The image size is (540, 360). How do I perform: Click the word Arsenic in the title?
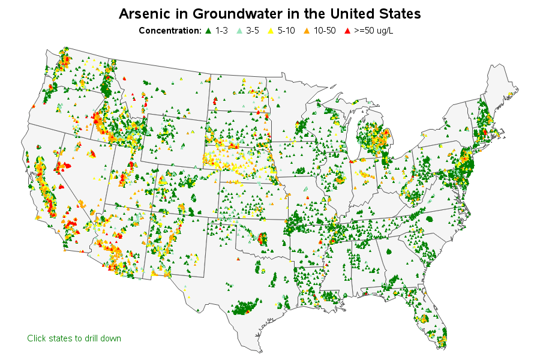point(143,13)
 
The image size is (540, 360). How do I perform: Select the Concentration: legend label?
point(170,30)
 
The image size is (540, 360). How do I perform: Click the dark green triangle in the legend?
point(208,30)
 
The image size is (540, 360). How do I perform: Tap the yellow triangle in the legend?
point(271,30)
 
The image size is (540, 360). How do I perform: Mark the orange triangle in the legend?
point(306,30)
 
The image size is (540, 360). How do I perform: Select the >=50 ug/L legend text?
point(373,30)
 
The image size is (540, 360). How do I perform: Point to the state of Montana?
point(162,90)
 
